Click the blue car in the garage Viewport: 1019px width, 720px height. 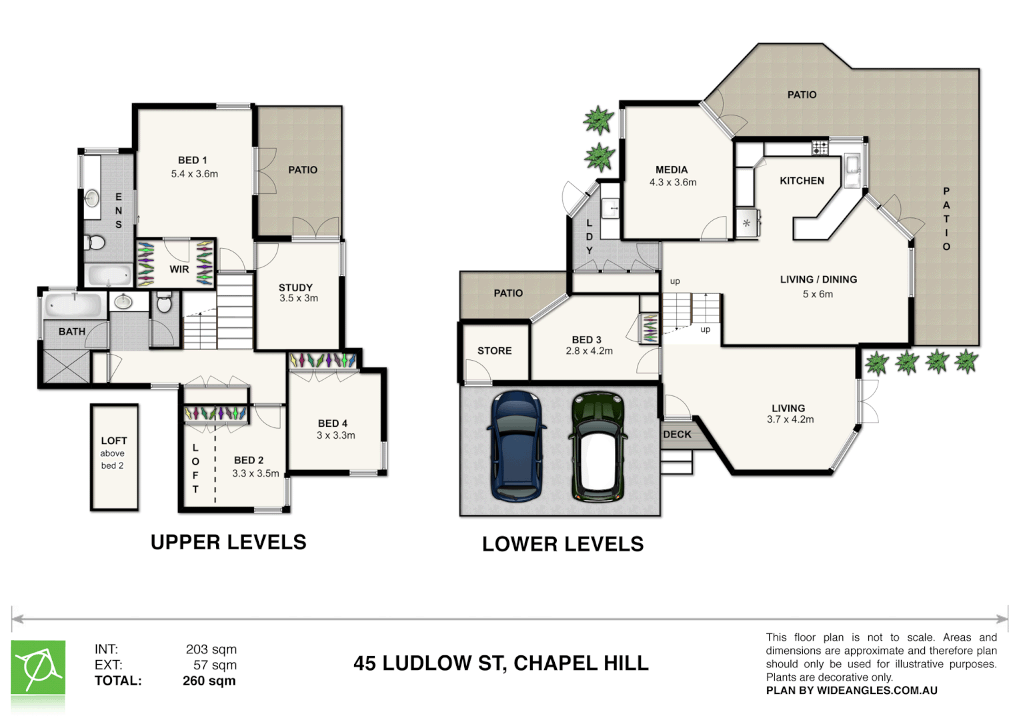516,445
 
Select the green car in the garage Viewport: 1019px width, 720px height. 597,445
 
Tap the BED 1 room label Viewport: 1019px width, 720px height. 192,160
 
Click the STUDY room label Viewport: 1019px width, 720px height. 295,287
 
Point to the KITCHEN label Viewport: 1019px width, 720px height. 802,181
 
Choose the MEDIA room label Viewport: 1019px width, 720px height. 671,170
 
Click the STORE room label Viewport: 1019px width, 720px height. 494,351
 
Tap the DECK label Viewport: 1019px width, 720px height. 677,434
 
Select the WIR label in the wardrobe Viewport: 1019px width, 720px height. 179,269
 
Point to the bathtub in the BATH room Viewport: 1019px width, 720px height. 73,306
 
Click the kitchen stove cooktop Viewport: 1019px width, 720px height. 820,148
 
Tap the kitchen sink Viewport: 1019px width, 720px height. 852,164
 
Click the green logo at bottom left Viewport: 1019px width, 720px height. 38,668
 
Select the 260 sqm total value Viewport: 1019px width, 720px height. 209,681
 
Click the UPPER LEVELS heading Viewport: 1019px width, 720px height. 228,542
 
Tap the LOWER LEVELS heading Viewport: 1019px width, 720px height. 562,544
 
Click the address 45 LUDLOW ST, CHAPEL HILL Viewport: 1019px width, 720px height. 501,663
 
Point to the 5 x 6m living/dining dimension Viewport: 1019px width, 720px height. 818,294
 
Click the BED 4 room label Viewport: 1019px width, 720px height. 332,423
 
